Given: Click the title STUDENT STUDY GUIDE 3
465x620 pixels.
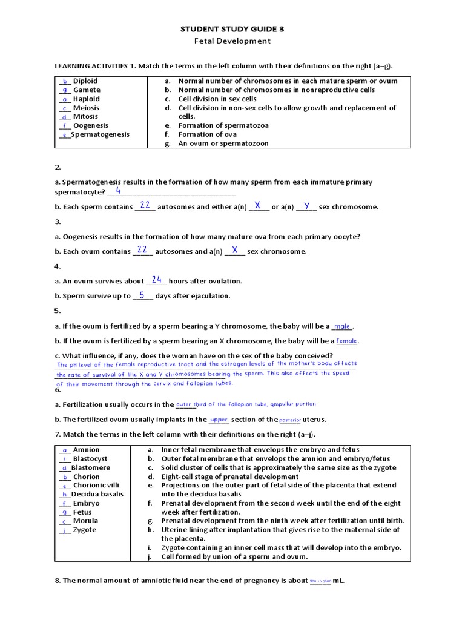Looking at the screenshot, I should point(232,28).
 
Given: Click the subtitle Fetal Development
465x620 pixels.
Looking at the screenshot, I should point(232,41).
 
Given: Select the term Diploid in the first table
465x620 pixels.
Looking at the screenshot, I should point(85,81).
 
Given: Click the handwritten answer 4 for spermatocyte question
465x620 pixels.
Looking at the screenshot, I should point(118,191).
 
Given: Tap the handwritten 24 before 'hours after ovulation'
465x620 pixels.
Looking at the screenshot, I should point(157,280).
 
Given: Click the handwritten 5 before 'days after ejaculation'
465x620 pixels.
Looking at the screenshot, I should point(142,295).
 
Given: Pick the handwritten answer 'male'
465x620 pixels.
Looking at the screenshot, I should point(342,326).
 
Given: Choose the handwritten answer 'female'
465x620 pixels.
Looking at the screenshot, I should point(346,341).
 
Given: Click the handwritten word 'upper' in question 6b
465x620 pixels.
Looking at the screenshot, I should point(219,420).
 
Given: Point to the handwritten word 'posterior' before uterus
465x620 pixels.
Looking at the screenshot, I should point(291,420).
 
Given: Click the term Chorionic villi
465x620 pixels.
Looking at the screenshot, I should point(96,486).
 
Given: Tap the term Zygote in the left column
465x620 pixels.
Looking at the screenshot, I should point(85,530).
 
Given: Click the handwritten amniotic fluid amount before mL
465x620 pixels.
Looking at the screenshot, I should point(320,581).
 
